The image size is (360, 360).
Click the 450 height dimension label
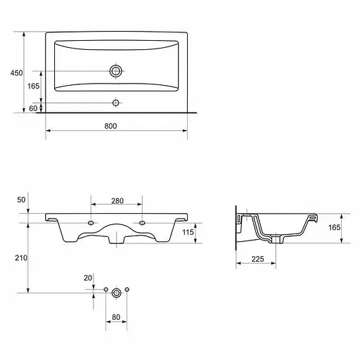point(16,73)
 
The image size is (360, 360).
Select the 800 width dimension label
point(110,126)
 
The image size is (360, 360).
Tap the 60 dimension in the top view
point(33,108)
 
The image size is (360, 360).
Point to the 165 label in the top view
point(33,86)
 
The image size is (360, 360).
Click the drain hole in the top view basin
point(116,71)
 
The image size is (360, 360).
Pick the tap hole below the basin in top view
point(116,103)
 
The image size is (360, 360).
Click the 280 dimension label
point(117,201)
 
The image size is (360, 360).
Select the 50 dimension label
point(21,200)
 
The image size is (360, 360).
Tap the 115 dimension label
point(188,232)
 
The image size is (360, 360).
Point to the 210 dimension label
point(21,258)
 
